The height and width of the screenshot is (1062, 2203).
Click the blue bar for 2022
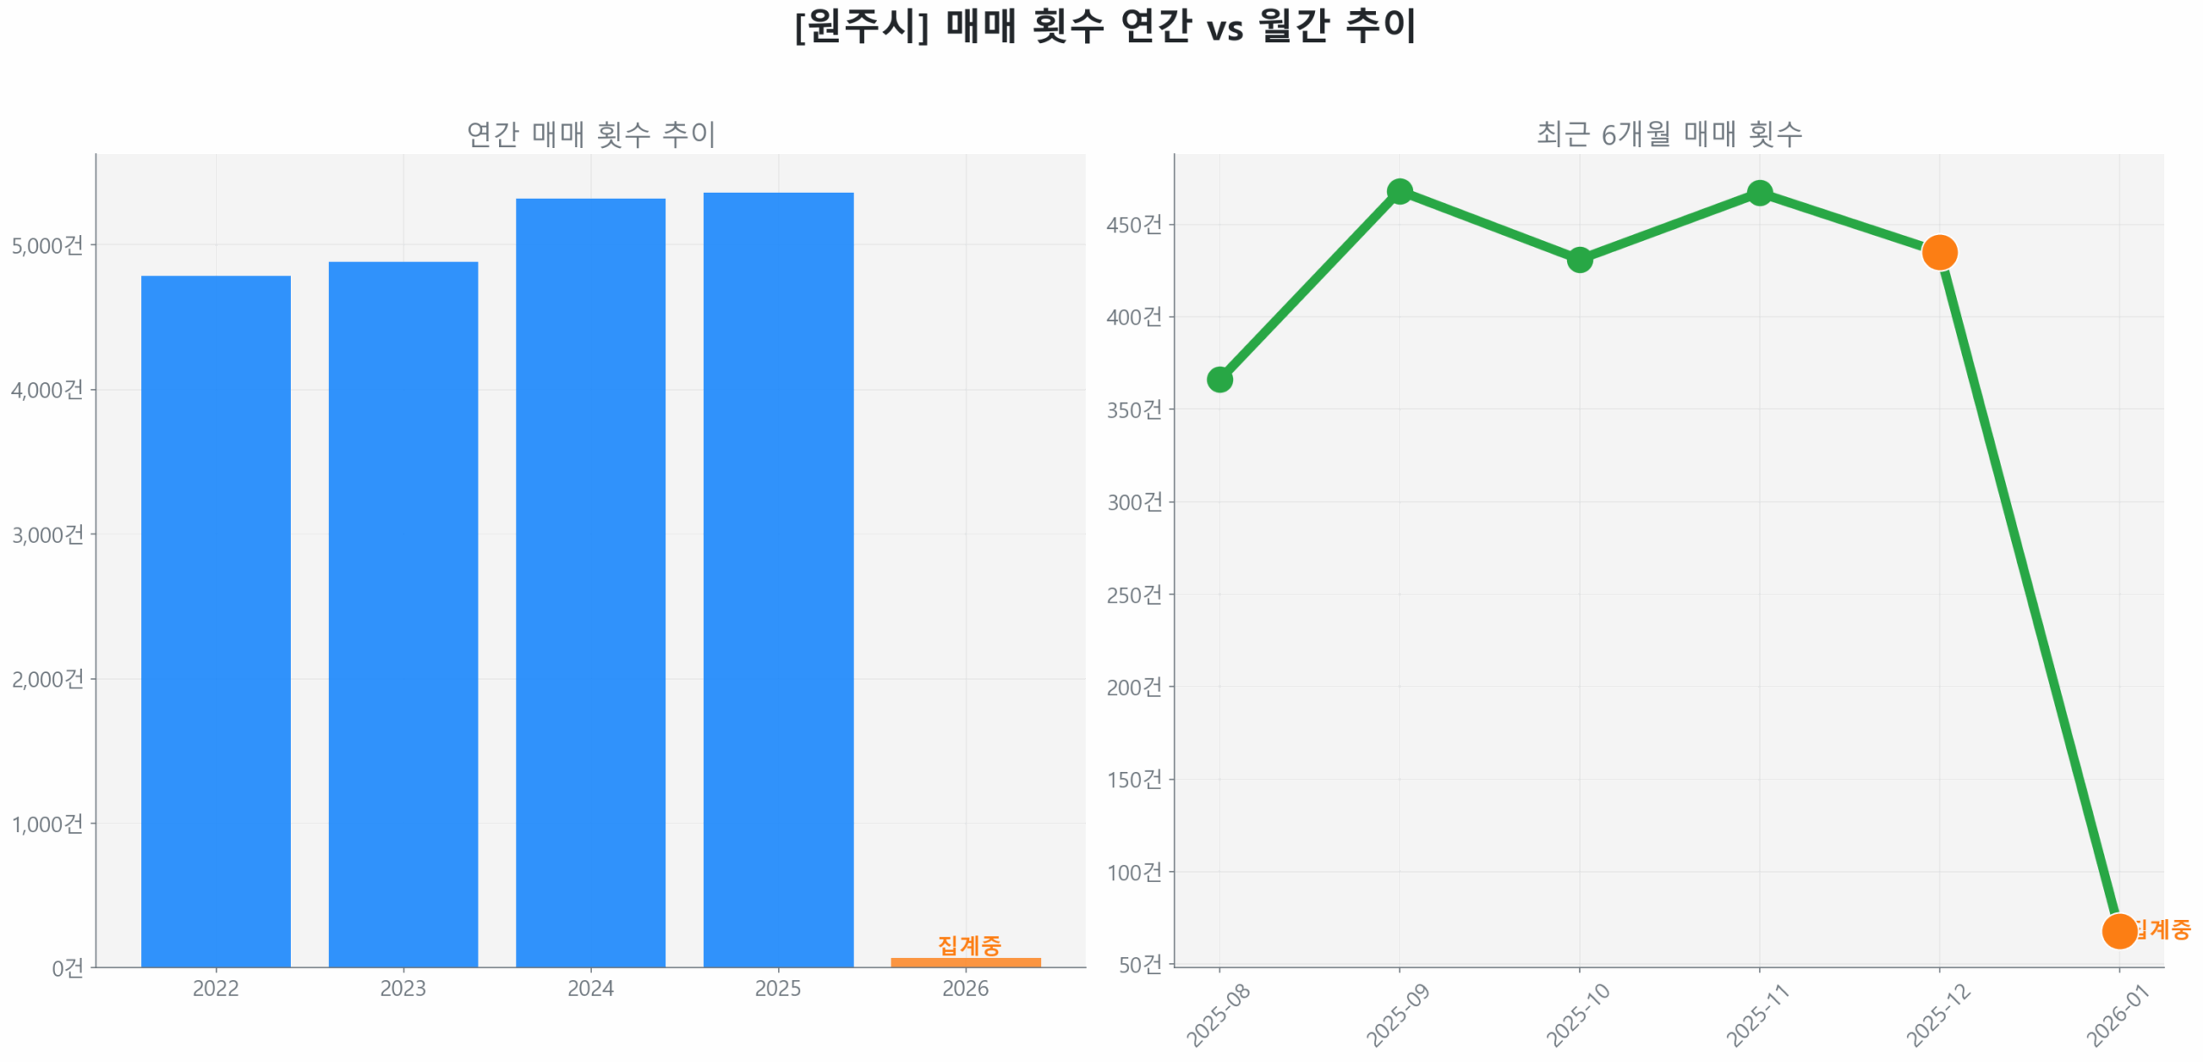point(215,620)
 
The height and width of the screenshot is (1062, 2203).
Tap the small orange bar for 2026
point(965,961)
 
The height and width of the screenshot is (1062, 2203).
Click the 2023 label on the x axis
point(403,987)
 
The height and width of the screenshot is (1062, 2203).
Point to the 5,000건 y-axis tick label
point(47,245)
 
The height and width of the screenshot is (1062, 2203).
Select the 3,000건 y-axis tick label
point(47,534)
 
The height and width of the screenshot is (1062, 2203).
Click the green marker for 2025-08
point(1219,379)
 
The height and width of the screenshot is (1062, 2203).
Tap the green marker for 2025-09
point(1399,191)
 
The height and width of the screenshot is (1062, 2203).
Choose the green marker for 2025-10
point(1579,259)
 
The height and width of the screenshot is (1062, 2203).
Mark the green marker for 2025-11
point(1760,193)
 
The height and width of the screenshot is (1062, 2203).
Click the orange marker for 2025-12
point(1939,252)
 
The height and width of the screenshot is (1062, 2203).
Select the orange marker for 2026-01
point(2119,930)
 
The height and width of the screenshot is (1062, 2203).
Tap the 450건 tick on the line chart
point(1133,225)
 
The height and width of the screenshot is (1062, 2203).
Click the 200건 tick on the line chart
point(1133,687)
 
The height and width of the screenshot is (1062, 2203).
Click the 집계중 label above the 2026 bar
point(969,945)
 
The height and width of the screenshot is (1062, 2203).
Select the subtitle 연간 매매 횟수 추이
point(590,133)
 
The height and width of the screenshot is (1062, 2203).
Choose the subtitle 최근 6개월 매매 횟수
point(1669,133)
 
